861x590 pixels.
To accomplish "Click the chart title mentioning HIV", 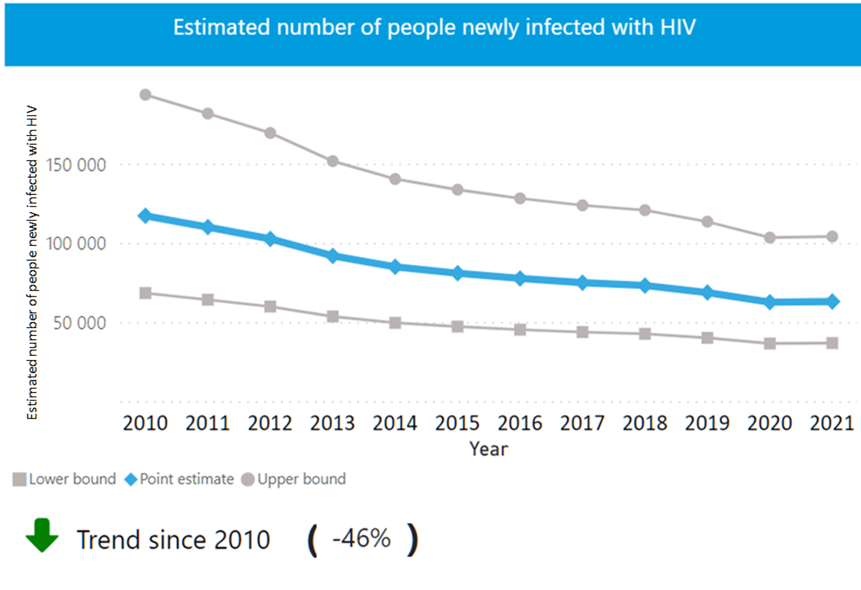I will (x=434, y=28).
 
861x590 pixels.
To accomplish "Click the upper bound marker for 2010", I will (x=145, y=95).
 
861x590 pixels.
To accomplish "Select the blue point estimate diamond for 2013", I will (x=333, y=256).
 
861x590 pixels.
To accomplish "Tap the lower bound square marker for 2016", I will (x=520, y=329).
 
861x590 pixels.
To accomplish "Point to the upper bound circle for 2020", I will (x=770, y=238).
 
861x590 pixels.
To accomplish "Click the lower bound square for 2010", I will (x=145, y=293).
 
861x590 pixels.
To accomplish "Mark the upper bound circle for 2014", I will (x=395, y=179).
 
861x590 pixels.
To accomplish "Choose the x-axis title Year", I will (x=489, y=449).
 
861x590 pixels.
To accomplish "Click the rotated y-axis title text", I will (x=32, y=262).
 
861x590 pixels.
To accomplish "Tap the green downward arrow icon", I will (x=42, y=535).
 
